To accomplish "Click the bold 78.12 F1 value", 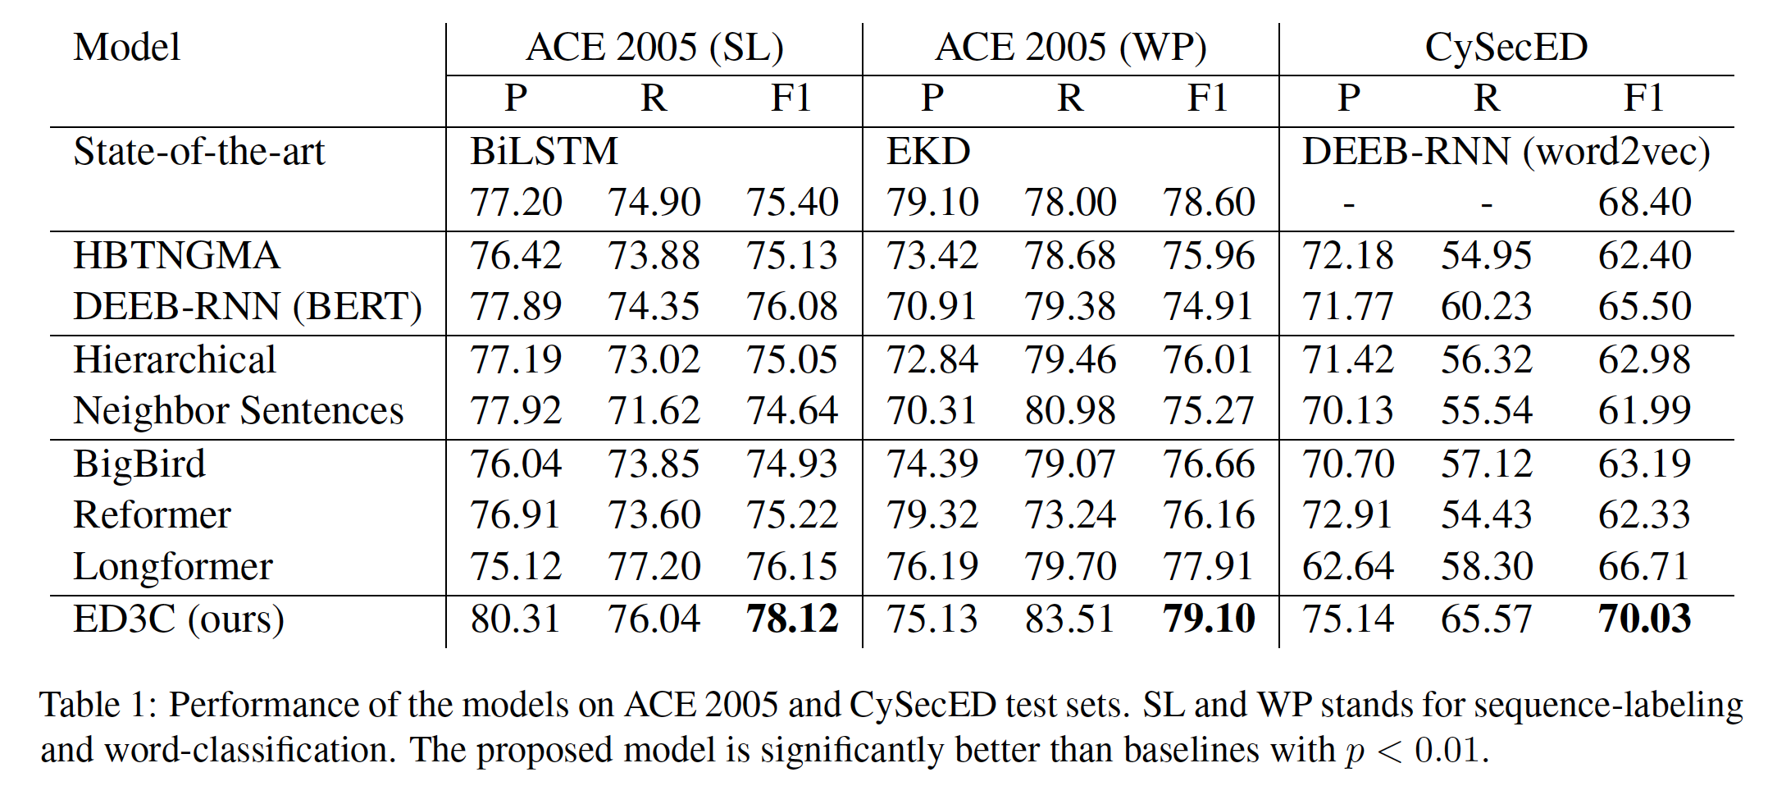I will pos(792,619).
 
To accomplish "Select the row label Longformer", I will pos(173,567).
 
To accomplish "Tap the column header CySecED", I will pos(1506,48).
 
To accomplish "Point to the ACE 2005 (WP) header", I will pos(1070,48).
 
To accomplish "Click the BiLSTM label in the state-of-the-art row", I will pos(544,152).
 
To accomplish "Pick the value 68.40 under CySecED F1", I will pos(1644,203).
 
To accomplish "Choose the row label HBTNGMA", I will pos(176,256).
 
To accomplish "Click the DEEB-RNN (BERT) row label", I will pos(248,307).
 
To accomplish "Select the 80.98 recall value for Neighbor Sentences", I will pos(1070,411).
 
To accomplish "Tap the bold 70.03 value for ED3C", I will pos(1644,619).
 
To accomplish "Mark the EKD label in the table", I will pos(928,152).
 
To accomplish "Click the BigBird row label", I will pos(139,464).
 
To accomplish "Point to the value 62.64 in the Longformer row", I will pos(1348,567).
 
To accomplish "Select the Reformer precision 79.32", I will pos(932,515).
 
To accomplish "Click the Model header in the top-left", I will pos(127,48).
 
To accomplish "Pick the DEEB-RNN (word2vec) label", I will pos(1506,152).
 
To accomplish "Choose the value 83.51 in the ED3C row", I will pos(1070,619).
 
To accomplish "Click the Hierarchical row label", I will pos(175,360).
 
